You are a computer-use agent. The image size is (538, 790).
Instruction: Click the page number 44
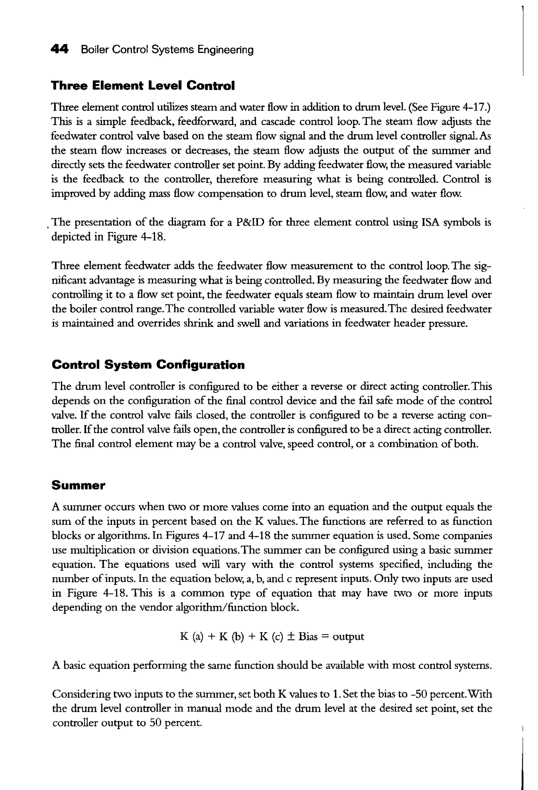[59, 49]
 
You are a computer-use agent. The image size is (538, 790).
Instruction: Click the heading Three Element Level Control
[143, 85]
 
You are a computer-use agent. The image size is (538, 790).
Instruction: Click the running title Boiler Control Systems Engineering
[167, 50]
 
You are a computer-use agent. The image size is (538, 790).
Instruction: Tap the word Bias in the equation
[308, 636]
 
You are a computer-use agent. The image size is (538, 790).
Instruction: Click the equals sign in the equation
[325, 636]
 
